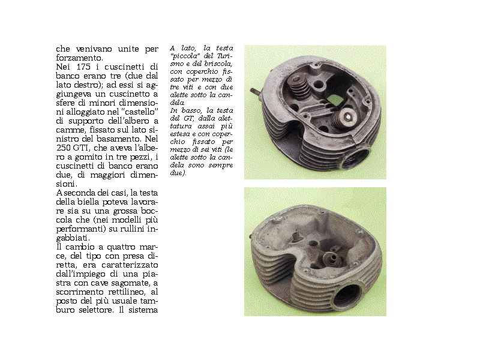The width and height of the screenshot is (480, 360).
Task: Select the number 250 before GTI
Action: click(64, 148)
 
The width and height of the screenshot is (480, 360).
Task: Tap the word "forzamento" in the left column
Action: click(79, 58)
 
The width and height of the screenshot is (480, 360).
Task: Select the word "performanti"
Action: click(81, 229)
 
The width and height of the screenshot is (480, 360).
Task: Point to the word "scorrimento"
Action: click(80, 292)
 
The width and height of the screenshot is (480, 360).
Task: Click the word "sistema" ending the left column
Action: click(143, 310)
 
